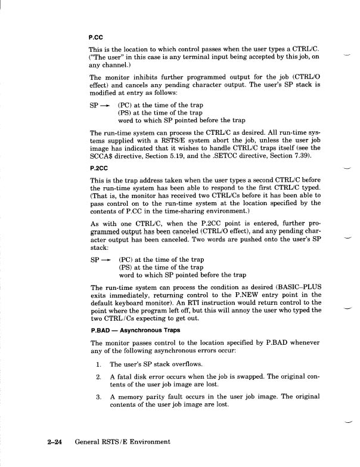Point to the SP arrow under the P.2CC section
pos(100,260)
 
